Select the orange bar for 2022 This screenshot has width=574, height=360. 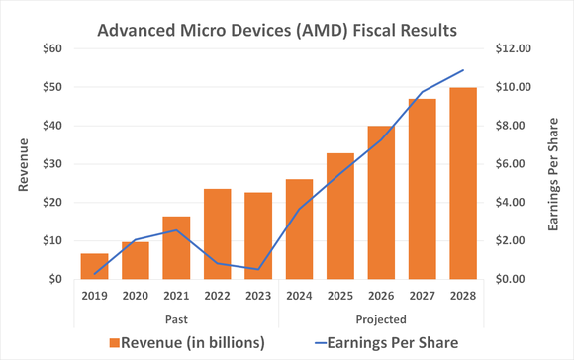pos(217,234)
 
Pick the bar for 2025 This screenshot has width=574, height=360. pos(340,217)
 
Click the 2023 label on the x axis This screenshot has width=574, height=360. pos(258,295)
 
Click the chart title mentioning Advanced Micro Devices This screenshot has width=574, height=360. pos(277,31)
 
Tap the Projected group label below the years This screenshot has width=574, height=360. pos(381,318)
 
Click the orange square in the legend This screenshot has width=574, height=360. pos(115,343)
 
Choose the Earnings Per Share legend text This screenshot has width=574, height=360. pos(392,342)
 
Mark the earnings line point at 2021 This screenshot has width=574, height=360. pos(175,230)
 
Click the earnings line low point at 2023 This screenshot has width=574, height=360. pos(258,269)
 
